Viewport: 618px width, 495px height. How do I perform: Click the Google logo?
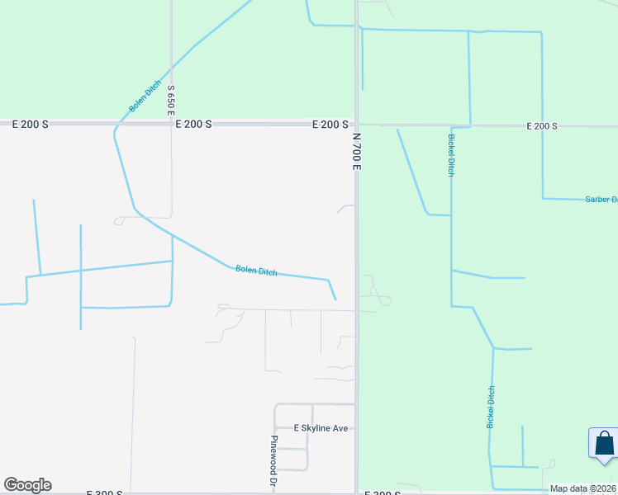(x=27, y=485)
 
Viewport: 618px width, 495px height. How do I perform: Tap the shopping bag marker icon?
(x=605, y=443)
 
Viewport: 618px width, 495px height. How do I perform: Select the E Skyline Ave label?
(x=321, y=428)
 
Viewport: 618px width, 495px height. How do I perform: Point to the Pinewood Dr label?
(x=273, y=460)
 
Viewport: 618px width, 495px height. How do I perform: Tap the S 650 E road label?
(x=172, y=99)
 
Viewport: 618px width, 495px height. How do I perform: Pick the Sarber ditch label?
(x=601, y=199)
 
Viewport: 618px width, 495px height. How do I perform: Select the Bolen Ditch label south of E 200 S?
(x=256, y=271)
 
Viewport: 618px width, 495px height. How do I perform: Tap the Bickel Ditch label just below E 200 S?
(x=451, y=155)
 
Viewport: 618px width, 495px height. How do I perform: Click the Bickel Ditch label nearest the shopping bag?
(x=490, y=407)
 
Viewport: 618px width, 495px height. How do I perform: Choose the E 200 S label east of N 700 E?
(x=542, y=126)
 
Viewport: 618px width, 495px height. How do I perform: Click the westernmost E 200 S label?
(x=31, y=124)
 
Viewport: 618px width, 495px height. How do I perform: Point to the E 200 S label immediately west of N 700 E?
(x=330, y=125)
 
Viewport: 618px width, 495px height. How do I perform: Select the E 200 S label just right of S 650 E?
(x=194, y=124)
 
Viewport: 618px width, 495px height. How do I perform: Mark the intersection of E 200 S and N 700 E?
(x=357, y=124)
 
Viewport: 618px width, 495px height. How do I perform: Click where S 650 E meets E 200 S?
(x=172, y=124)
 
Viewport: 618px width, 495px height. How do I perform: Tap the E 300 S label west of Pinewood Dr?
(x=105, y=493)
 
